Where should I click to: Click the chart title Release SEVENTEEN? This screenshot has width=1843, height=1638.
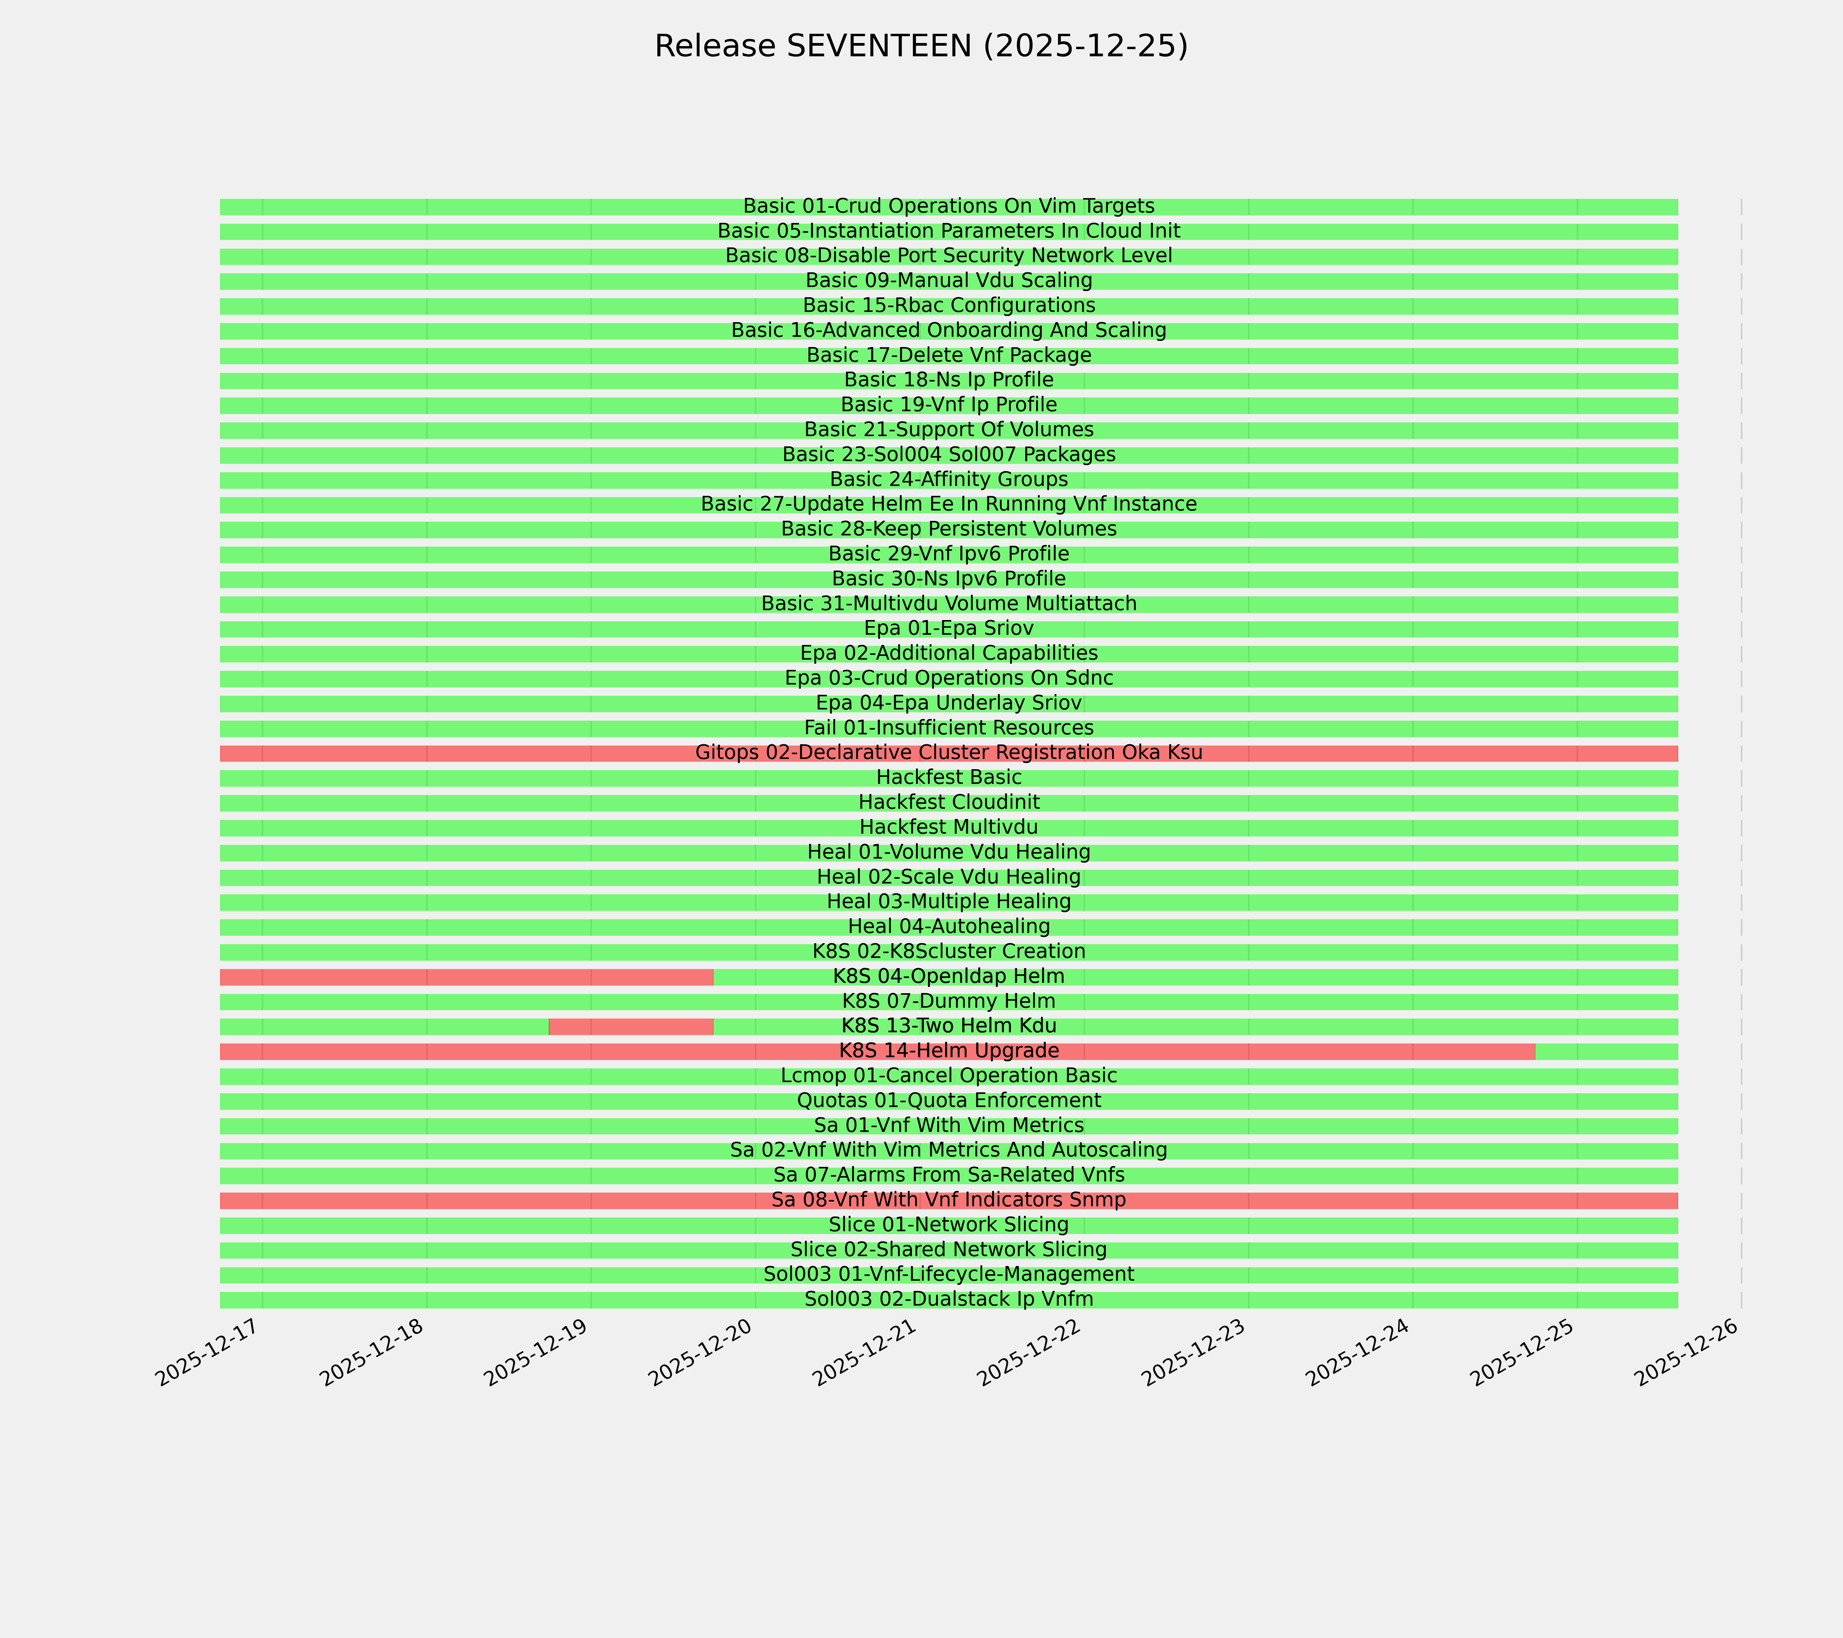(x=920, y=46)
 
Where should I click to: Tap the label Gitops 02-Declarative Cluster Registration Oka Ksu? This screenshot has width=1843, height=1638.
(x=948, y=753)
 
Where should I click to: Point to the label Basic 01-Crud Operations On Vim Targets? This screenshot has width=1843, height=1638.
(x=948, y=206)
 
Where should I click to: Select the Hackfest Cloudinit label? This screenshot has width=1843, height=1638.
(x=948, y=802)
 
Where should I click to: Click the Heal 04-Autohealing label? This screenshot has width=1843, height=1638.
(x=948, y=927)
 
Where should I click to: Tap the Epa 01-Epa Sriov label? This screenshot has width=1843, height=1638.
(x=948, y=628)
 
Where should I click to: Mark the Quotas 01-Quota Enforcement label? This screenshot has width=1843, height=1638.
(x=948, y=1101)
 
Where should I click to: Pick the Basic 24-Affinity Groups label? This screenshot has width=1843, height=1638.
(x=948, y=479)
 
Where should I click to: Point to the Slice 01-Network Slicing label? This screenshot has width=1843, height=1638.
(x=948, y=1225)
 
